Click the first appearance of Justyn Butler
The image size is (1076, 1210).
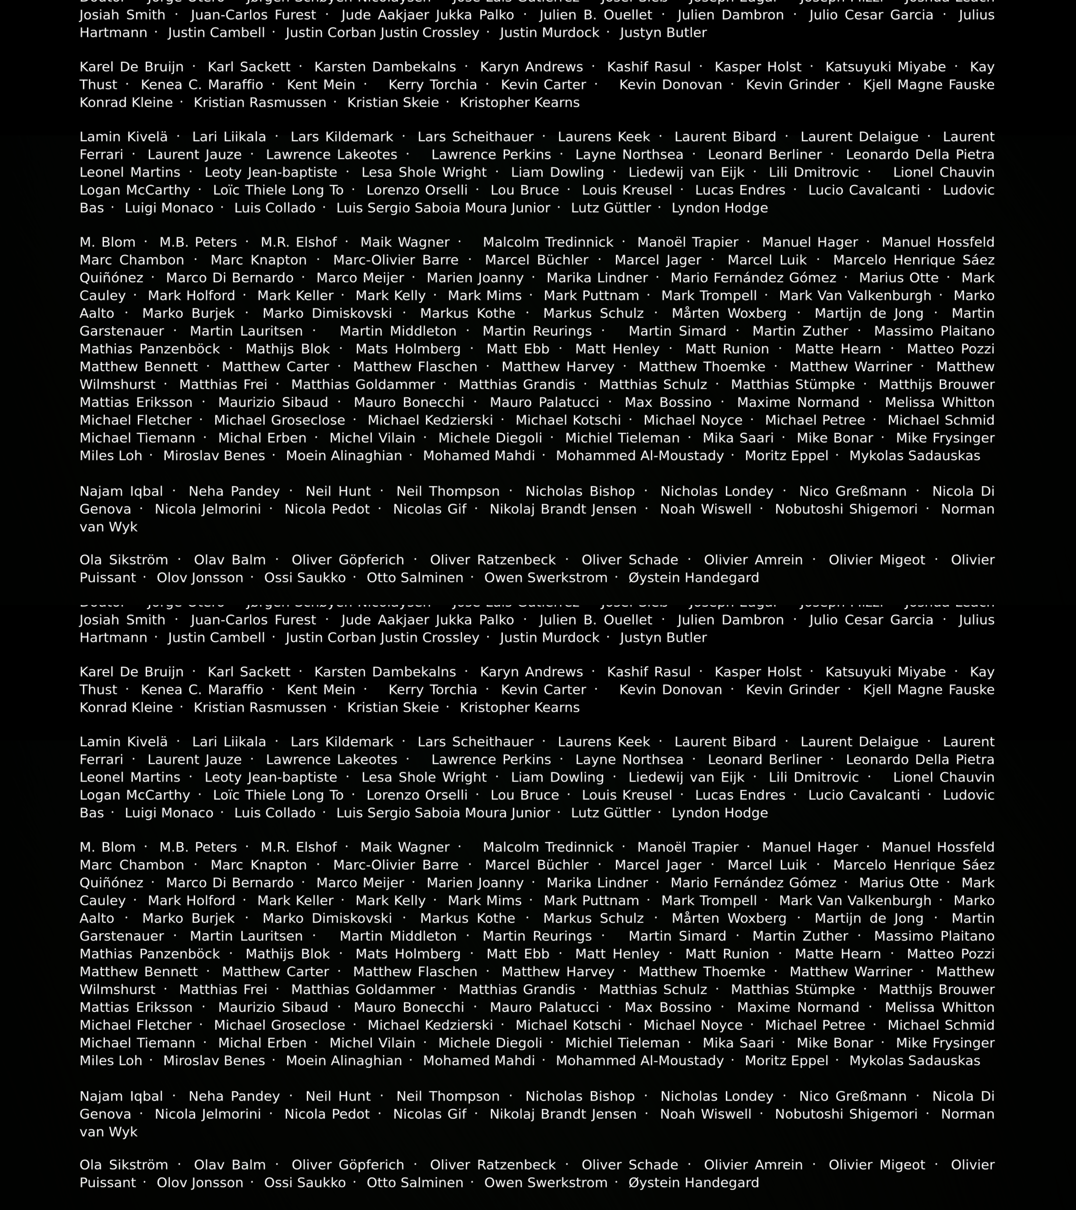[663, 33]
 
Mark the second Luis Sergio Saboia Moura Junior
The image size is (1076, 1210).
[443, 813]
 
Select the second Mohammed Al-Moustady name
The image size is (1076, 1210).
[640, 1061]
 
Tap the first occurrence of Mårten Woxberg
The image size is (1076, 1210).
[729, 313]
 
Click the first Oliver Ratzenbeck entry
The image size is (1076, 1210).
[493, 560]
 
